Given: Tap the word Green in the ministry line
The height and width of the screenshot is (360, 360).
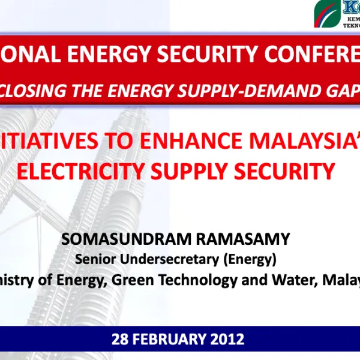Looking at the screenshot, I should pos(119,279).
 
